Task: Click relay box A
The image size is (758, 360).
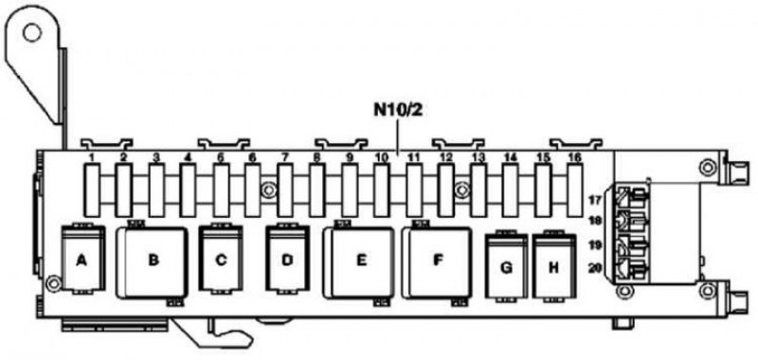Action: pos(81,259)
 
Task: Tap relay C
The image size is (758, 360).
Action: pos(221,259)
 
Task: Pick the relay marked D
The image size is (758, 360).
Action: pos(287,259)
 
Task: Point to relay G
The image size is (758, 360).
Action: pos(506,266)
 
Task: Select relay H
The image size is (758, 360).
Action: pos(554,266)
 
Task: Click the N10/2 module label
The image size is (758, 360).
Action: pos(398,110)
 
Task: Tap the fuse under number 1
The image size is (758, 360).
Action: pos(92,189)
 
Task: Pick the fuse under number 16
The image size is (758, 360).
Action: pos(575,189)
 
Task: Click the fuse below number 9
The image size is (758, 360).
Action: pos(350,189)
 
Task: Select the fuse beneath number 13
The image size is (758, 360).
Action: pos(478,189)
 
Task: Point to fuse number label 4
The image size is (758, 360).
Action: pos(188,157)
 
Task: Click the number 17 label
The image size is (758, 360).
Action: pos(595,199)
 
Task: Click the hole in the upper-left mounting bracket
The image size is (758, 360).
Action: pos(32,33)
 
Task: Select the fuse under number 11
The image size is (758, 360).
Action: pos(414,189)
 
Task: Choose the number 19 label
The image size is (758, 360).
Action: pos(595,245)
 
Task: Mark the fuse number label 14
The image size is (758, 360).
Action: pos(510,157)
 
